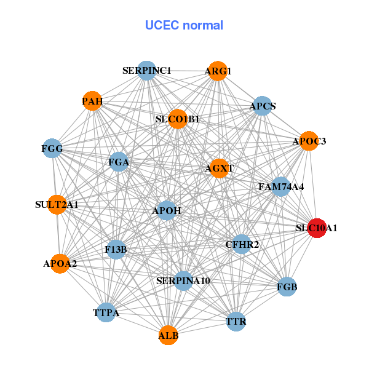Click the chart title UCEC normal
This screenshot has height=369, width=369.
[184, 25]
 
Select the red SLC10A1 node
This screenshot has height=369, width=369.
[317, 228]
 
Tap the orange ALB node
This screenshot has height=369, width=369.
[169, 336]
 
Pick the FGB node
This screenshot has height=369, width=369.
[287, 287]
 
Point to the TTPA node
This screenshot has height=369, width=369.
[106, 313]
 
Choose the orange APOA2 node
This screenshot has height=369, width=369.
[60, 264]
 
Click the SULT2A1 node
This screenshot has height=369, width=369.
[57, 204]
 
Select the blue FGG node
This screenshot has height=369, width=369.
[52, 148]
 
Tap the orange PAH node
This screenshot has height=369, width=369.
[92, 101]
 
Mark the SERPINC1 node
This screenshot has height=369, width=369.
[146, 71]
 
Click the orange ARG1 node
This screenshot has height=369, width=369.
[217, 71]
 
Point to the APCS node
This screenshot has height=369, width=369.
[263, 106]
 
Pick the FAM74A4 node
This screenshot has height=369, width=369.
[280, 186]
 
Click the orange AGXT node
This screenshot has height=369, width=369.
[220, 168]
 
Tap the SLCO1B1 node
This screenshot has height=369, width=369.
[178, 119]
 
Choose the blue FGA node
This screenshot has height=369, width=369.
[119, 162]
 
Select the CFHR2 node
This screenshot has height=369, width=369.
[242, 245]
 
